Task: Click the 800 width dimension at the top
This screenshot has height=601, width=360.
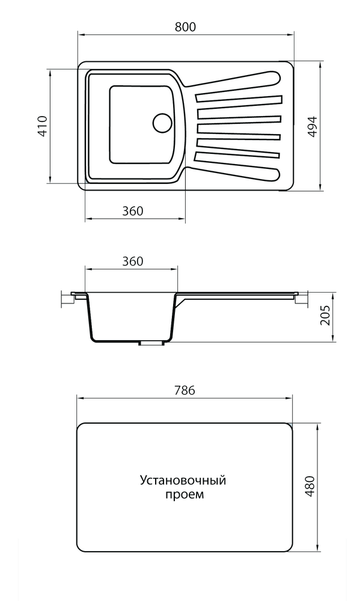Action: pyautogui.click(x=186, y=27)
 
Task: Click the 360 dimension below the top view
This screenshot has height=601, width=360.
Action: pyautogui.click(x=132, y=211)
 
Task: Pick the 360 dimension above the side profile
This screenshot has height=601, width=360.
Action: pyautogui.click(x=132, y=261)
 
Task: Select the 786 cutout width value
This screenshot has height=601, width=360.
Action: pyautogui.click(x=185, y=390)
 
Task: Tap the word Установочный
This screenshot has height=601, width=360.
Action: pyautogui.click(x=183, y=481)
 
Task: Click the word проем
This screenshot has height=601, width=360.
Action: pyautogui.click(x=184, y=495)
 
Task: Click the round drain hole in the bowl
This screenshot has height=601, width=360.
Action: pyautogui.click(x=162, y=122)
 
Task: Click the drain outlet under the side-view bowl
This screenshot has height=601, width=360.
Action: pyautogui.click(x=151, y=343)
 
